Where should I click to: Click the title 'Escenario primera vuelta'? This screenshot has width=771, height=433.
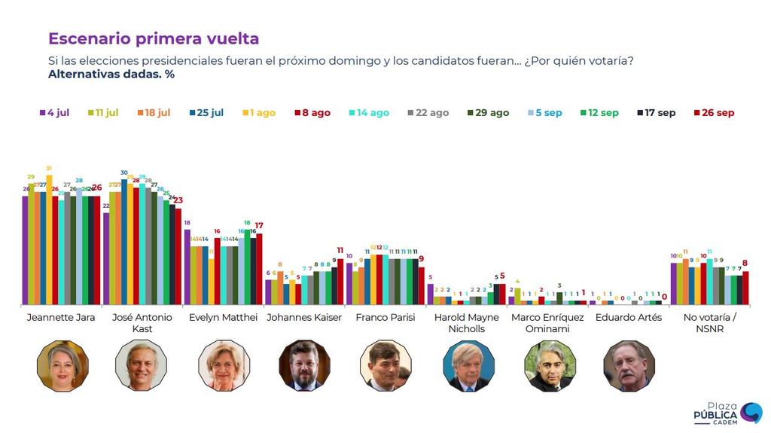point(154,39)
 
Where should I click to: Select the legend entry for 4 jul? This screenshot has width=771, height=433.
point(54,113)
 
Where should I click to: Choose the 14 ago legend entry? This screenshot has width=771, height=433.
point(368,113)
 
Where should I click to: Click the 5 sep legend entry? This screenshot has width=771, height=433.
point(544,113)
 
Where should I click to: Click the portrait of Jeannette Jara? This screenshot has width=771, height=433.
point(62,366)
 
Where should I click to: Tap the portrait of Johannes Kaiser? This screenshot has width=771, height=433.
point(304,366)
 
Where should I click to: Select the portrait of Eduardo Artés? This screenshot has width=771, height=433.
point(629,366)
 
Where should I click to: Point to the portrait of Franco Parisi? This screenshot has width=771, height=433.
point(385,366)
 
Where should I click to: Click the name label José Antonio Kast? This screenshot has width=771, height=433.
point(142,323)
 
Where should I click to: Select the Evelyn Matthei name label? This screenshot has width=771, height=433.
point(224,318)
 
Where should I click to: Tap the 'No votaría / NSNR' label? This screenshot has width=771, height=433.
point(709,323)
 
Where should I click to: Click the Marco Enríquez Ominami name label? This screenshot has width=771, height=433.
point(547,323)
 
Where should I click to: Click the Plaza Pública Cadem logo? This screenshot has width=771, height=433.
point(727,413)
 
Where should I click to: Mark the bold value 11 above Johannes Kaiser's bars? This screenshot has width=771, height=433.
point(340,251)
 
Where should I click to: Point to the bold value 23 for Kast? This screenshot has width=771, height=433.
point(178,200)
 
